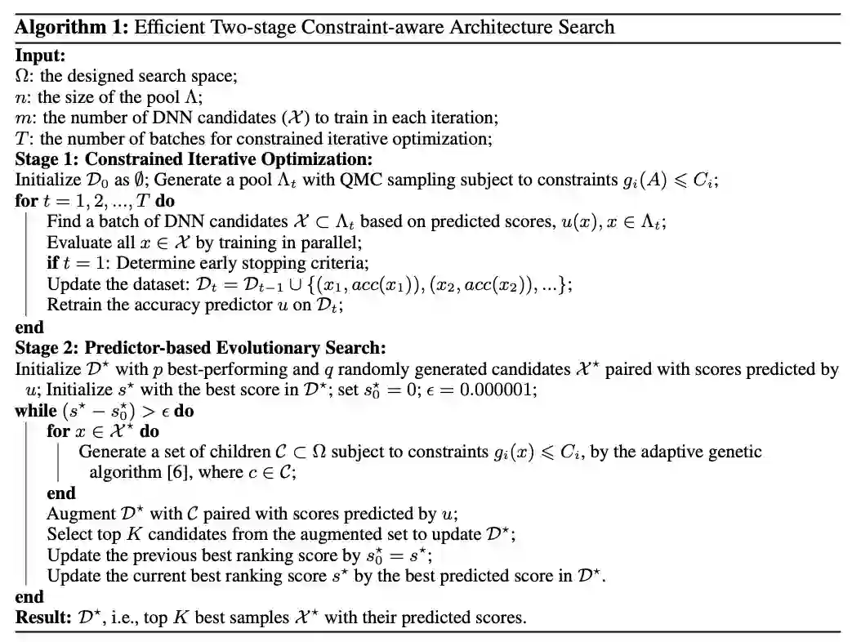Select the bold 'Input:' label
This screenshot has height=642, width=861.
pyautogui.click(x=40, y=56)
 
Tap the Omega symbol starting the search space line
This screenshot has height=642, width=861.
pyautogui.click(x=21, y=77)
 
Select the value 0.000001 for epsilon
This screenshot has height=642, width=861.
pyautogui.click(x=498, y=390)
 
